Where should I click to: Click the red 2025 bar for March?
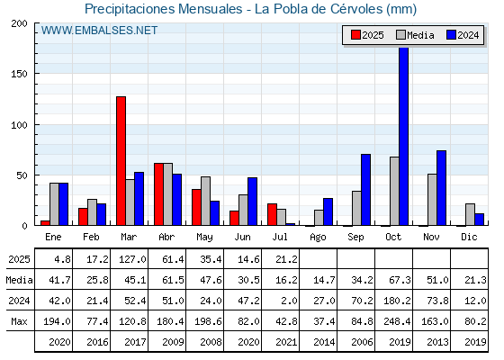tap(121, 161)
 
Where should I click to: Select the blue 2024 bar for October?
tap(404, 136)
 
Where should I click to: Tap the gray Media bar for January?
tap(54, 204)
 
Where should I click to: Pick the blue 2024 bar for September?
tap(365, 190)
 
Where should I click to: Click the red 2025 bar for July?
tap(272, 214)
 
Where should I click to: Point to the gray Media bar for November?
tap(432, 200)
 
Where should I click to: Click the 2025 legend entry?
tap(367, 35)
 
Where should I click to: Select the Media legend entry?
tap(415, 35)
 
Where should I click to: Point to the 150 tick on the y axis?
tap(19, 74)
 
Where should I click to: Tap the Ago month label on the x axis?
tap(319, 238)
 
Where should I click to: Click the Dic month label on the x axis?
tap(469, 237)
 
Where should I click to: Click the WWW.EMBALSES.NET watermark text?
tap(99, 31)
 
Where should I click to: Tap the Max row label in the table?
tap(19, 321)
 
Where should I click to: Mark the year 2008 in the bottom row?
tap(211, 342)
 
